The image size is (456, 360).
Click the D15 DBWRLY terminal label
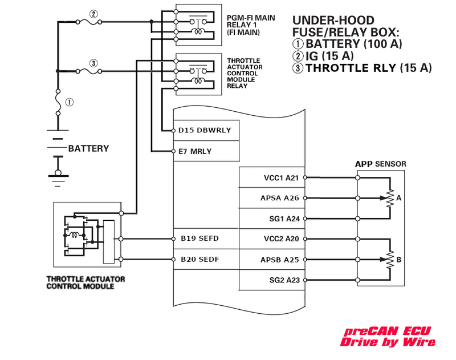205,131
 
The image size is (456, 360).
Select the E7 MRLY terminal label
196,151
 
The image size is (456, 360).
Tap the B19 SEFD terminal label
200,239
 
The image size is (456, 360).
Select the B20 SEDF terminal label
200,260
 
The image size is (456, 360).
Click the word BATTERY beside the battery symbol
88,149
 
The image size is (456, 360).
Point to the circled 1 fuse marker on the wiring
70,103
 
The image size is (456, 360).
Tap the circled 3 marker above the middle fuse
93,63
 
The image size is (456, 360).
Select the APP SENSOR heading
381,164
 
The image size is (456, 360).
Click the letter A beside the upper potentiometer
399,198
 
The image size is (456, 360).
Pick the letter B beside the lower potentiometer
399,260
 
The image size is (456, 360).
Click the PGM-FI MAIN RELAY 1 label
251,26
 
